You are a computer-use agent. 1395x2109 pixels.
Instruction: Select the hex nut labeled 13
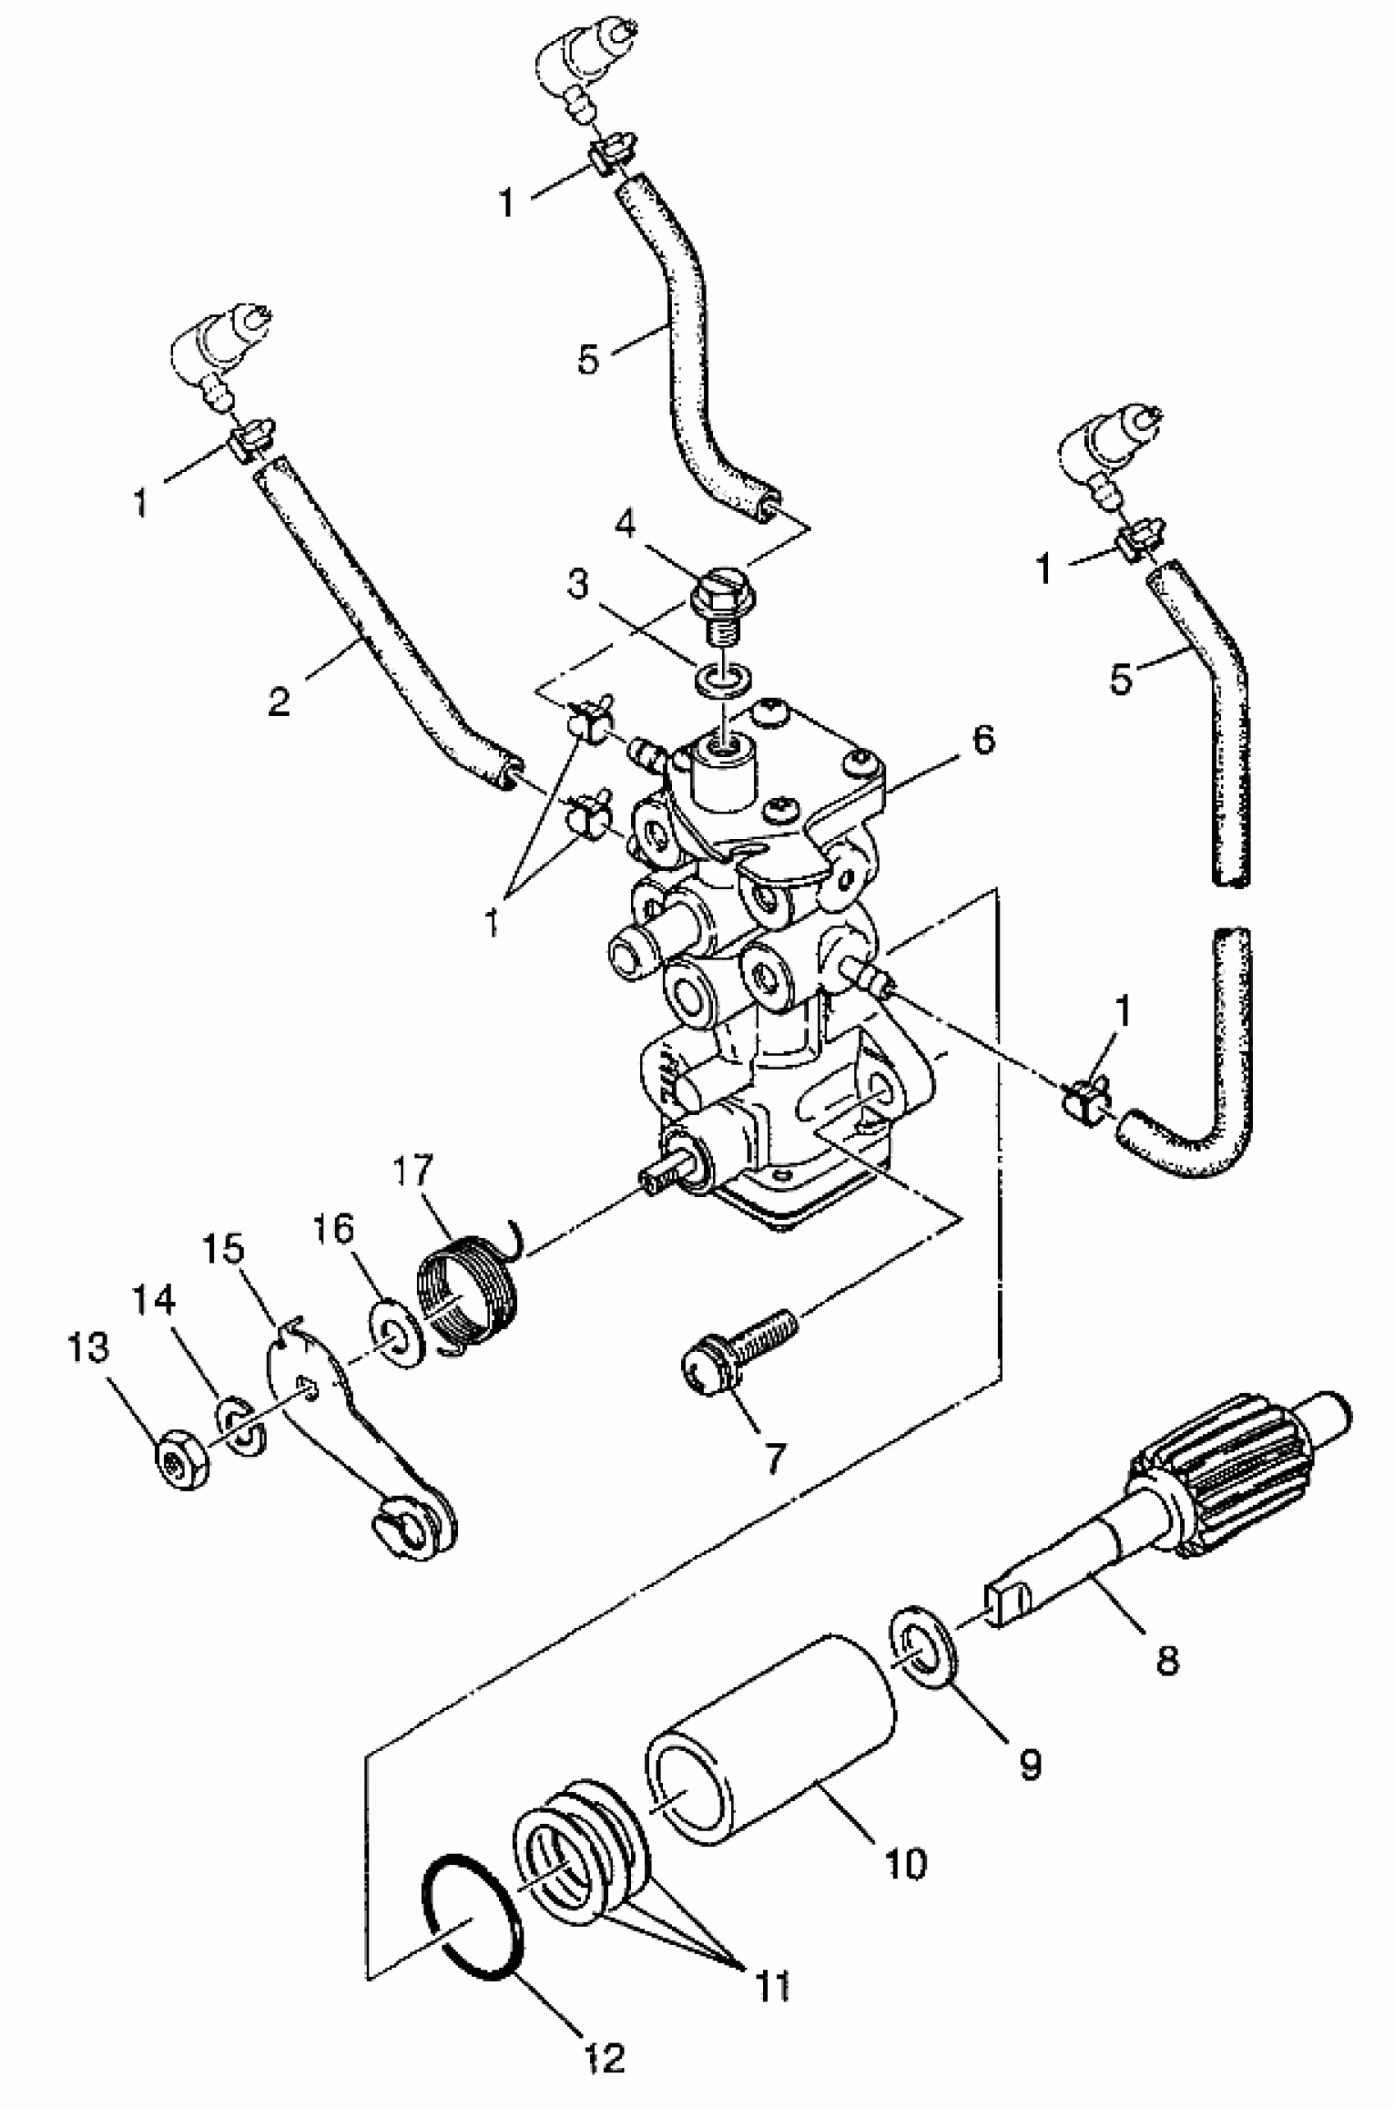(183, 1463)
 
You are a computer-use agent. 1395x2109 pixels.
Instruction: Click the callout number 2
(278, 702)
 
